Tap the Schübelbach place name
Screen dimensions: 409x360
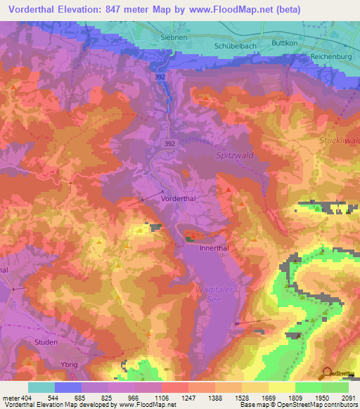pos(233,44)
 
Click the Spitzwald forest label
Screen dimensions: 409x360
pos(233,156)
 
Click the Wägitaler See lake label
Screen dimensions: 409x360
pos(212,294)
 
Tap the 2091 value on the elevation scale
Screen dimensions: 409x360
pos(349,397)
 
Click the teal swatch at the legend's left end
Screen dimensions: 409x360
pos(41,387)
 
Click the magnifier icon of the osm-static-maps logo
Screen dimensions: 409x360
pos(327,372)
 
